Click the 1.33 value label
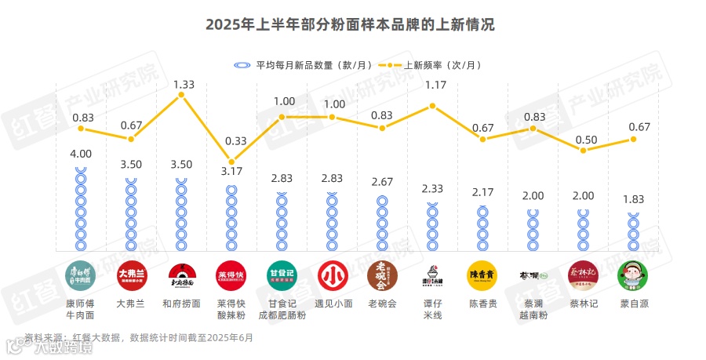(x=184, y=83)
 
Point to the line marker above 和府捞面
(x=181, y=95)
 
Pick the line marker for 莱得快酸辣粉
(x=231, y=162)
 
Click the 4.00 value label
(x=82, y=154)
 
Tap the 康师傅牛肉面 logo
(x=81, y=275)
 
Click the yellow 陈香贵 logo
(x=482, y=275)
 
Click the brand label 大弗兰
(x=131, y=303)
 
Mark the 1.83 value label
(x=633, y=199)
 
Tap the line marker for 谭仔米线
(x=432, y=106)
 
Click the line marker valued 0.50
(x=583, y=150)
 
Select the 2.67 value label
(x=382, y=182)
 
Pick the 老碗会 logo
(x=382, y=275)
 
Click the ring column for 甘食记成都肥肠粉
(x=282, y=223)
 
